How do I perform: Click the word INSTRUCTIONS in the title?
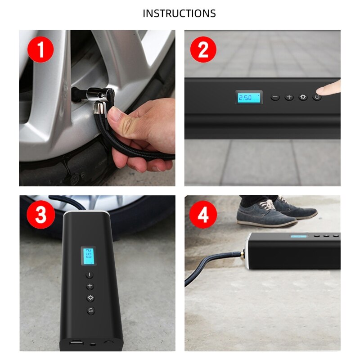click(179, 13)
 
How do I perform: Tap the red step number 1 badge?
click(41, 50)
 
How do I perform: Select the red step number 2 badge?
click(203, 50)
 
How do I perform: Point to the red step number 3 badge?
click(41, 215)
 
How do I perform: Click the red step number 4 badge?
click(203, 215)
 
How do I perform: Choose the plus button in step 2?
click(289, 97)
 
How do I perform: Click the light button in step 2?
click(303, 97)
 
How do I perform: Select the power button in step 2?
click(317, 97)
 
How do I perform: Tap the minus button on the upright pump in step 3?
click(90, 274)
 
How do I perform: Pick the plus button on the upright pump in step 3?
click(90, 286)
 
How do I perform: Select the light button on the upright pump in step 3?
click(90, 298)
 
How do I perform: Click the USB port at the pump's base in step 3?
click(75, 344)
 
